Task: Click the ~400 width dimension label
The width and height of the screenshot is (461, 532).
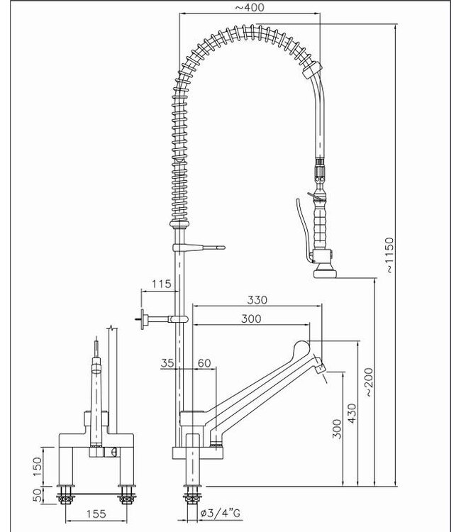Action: (x=249, y=8)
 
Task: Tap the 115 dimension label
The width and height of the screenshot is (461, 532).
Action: (x=162, y=284)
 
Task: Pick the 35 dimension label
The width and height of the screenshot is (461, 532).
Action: (x=167, y=362)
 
